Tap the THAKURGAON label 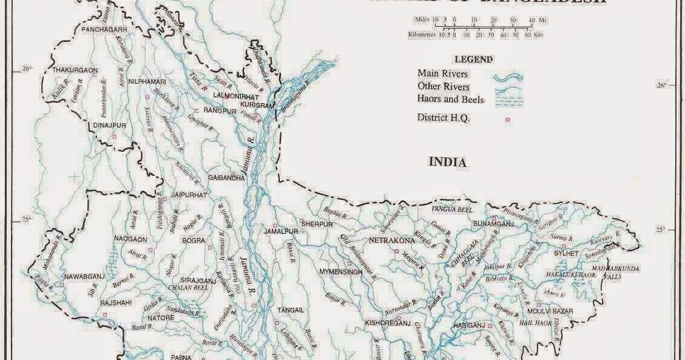(75, 70)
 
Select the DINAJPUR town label (110, 125)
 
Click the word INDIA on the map (447, 162)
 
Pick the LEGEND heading (473, 59)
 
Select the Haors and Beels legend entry (450, 99)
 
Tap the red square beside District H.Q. (508, 120)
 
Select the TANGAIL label (290, 310)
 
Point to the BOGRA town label (194, 240)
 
